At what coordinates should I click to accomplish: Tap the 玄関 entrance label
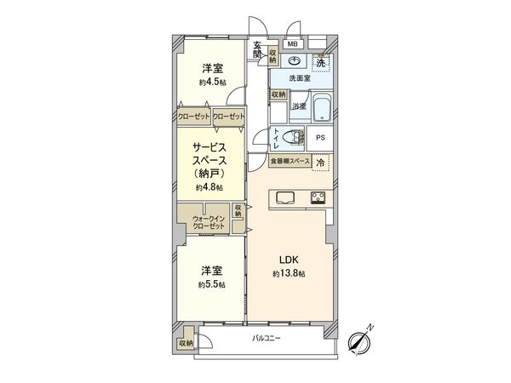coord(256,51)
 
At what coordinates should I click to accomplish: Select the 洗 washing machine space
coord(320,62)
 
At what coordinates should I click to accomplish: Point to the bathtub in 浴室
coord(321,107)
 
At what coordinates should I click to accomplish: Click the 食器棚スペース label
coord(289,162)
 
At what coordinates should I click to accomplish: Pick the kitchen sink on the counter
coord(285,199)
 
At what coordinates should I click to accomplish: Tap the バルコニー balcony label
coord(267,340)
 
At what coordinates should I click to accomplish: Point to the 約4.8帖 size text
coord(209,187)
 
